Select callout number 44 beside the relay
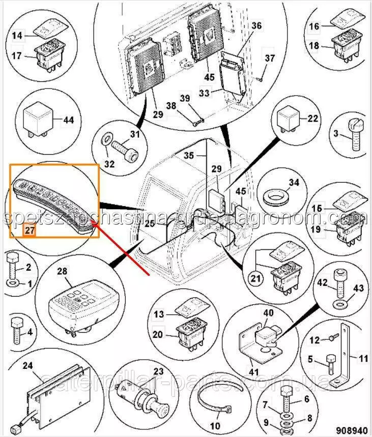[x=68, y=121]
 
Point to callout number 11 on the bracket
[x=362, y=358]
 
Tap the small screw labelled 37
[x=261, y=77]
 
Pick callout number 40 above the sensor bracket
[x=268, y=313]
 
